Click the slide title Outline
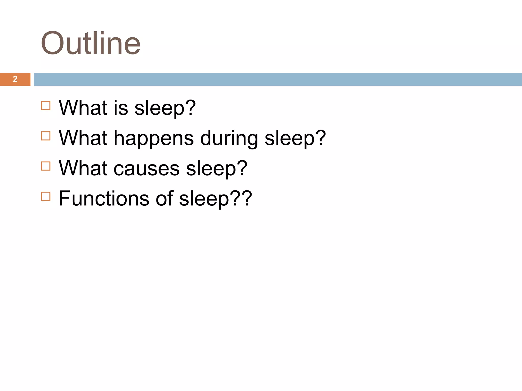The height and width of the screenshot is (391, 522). click(91, 43)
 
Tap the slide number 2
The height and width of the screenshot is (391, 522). click(15, 79)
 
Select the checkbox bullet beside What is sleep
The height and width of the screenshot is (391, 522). click(46, 106)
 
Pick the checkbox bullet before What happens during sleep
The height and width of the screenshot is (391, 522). click(46, 136)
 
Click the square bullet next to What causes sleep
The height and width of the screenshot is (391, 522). click(46, 166)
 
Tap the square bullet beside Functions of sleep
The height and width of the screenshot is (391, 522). click(46, 196)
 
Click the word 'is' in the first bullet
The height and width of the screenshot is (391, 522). click(121, 108)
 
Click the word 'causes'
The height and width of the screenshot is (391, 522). click(147, 169)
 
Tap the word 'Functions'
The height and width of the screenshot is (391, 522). click(104, 199)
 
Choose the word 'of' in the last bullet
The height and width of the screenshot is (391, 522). click(164, 199)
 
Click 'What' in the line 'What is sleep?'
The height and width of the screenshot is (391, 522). click(83, 108)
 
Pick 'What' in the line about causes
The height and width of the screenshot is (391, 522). click(83, 169)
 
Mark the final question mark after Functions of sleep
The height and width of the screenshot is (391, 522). click(246, 199)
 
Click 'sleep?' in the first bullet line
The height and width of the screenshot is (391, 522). click(165, 108)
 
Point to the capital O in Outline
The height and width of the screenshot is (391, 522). click(52, 43)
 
